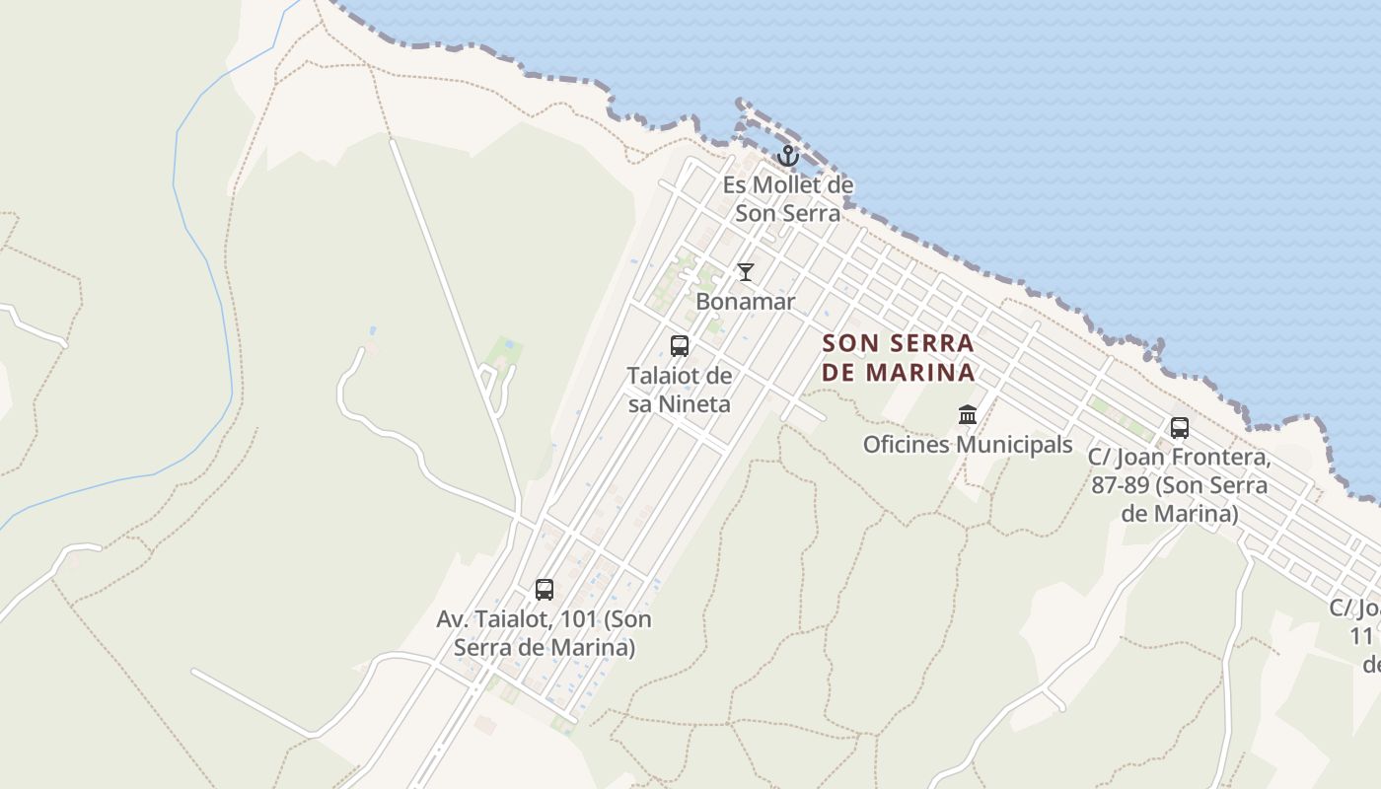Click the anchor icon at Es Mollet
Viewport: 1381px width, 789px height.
(787, 155)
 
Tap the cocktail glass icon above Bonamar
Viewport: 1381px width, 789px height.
(746, 272)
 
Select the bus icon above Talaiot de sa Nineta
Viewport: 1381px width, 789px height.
(680, 345)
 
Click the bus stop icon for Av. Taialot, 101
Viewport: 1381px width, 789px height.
(544, 590)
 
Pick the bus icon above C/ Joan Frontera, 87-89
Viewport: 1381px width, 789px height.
(1179, 428)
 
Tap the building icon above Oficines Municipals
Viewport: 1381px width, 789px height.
(968, 414)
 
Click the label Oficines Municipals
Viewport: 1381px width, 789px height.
(968, 445)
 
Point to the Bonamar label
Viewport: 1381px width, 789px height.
(745, 302)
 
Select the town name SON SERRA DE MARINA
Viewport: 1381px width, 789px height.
(898, 358)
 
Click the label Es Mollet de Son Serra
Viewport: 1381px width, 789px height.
(787, 198)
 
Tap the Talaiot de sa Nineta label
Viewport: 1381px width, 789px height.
(680, 390)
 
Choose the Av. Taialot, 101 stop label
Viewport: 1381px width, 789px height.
(544, 633)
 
